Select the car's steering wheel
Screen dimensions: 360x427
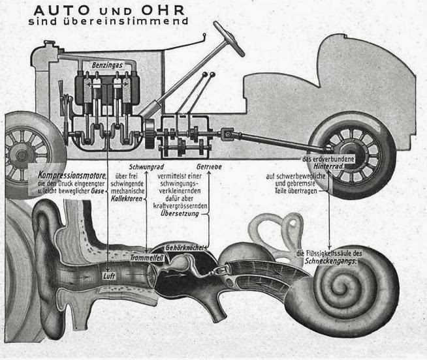point(229,38)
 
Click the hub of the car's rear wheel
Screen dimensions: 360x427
point(352,151)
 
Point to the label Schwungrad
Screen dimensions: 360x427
point(145,167)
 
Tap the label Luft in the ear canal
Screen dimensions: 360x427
point(108,275)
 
